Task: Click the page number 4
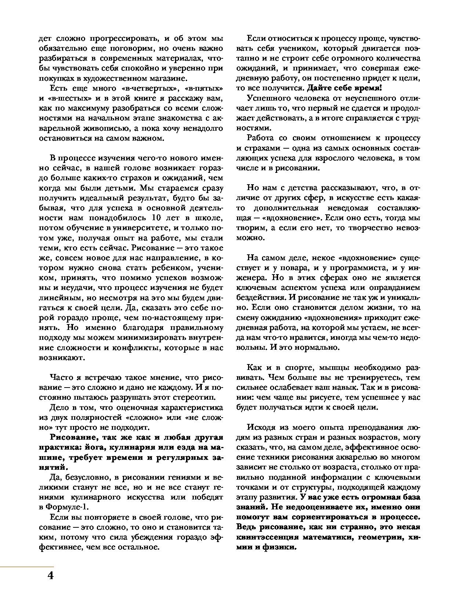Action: point(51,575)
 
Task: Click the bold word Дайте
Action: point(320,88)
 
